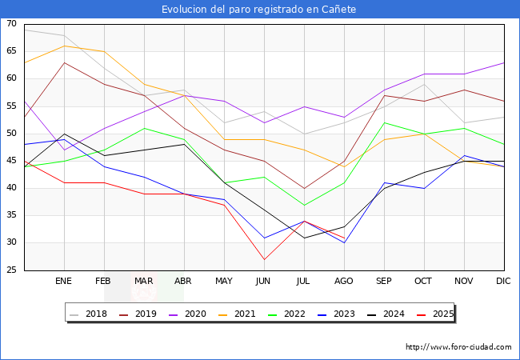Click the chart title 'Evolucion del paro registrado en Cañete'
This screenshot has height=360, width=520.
(259, 10)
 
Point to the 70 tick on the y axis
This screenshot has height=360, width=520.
(11, 24)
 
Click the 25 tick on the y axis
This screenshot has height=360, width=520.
(11, 270)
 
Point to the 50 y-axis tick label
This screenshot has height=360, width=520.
(11, 134)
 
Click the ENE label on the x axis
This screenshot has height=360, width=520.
(64, 282)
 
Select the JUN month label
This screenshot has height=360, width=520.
(264, 282)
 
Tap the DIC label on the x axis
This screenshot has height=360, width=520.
(503, 282)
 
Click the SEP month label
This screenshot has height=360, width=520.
(384, 282)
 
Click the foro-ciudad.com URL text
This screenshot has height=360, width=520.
(458, 347)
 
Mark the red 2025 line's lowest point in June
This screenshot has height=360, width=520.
(264, 259)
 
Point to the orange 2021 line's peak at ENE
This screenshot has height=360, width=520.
(64, 46)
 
